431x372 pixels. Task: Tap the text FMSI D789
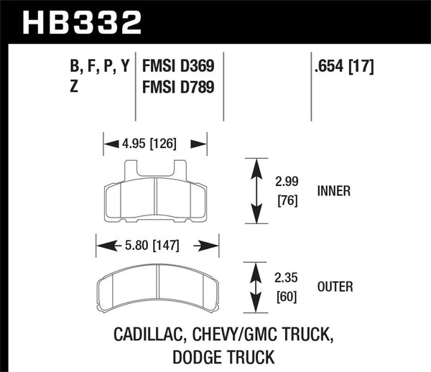tap(180, 89)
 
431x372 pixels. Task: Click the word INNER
tap(333, 192)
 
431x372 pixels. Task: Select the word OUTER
tap(335, 287)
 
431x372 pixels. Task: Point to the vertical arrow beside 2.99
tap(254, 192)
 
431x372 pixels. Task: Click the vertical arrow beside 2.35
tap(254, 287)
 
